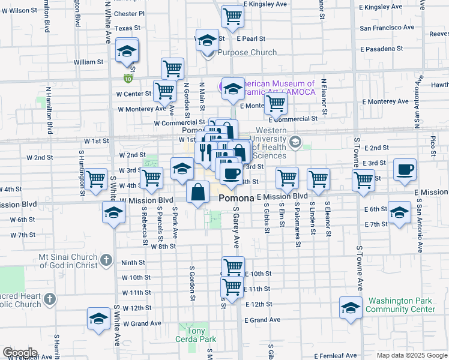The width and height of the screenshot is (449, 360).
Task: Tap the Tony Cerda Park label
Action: point(196,335)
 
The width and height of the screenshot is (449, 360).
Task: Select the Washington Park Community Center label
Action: point(401,305)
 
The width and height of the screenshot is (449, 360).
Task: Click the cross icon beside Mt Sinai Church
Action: point(106,260)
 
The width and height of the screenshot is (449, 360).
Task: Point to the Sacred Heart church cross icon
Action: point(50,298)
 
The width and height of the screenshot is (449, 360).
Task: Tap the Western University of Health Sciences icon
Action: point(295,142)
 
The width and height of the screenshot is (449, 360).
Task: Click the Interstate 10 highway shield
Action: point(128,78)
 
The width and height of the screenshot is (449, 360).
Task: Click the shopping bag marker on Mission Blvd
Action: point(198,193)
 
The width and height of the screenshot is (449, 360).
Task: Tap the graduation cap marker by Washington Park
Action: point(351,308)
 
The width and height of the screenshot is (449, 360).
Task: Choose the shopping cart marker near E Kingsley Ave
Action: point(232,17)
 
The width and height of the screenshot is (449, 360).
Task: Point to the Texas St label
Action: point(127,28)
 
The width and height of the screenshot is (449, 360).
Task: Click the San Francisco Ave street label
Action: point(384,28)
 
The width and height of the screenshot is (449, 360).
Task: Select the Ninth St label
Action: point(133,262)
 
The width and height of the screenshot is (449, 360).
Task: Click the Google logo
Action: point(20,353)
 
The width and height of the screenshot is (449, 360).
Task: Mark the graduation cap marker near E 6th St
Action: point(399,212)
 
